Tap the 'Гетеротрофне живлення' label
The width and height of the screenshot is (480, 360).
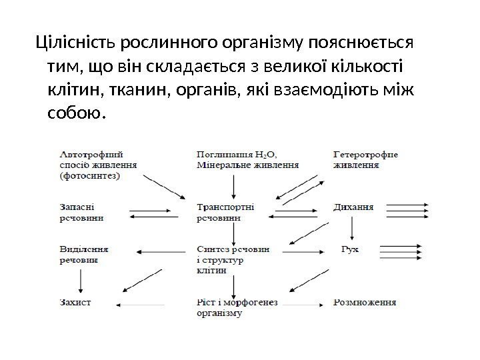coord(365,159)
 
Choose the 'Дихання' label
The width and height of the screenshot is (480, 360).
coord(353,207)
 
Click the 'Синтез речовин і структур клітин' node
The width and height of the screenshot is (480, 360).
coord(233,259)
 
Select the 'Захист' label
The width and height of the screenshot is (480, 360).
coord(75,302)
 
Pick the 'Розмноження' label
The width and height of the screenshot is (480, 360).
coord(365,302)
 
